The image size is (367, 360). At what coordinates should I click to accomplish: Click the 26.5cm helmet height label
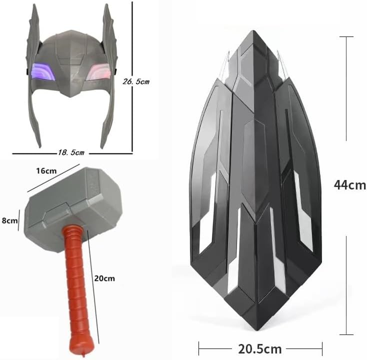136,81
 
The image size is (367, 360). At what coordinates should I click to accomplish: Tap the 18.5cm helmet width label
71,152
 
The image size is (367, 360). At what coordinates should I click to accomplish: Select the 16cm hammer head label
46,171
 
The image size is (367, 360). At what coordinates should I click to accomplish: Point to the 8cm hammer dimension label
9,220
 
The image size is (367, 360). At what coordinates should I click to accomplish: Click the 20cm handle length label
104,278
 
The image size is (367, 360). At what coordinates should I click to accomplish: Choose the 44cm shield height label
350,185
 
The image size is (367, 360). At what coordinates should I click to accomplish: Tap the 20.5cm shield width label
260,349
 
